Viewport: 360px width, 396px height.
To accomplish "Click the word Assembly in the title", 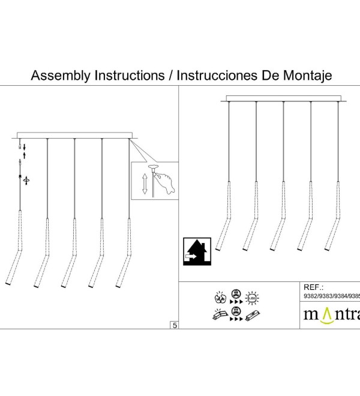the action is pyautogui.click(x=61, y=76).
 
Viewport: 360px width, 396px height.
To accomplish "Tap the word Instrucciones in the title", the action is pyautogui.click(x=217, y=75).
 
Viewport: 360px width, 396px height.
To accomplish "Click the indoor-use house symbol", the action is pyautogui.click(x=197, y=251).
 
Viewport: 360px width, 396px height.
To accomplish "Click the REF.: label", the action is pyautogui.click(x=313, y=287).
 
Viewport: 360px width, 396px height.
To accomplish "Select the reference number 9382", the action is pyautogui.click(x=310, y=296).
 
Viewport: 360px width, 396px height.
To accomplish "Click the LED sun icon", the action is pyautogui.click(x=252, y=298).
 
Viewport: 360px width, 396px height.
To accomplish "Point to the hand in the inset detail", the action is pyautogui.click(x=165, y=181).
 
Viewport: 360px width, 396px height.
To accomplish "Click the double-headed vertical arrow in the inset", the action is pyautogui.click(x=145, y=184).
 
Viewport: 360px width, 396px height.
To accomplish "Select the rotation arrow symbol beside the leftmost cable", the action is pyautogui.click(x=26, y=181).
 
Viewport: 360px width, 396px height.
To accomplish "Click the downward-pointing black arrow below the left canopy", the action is pyautogui.click(x=24, y=147).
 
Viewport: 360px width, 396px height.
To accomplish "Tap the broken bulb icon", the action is pyautogui.click(x=220, y=298).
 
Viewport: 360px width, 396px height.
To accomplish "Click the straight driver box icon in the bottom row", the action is pyautogui.click(x=253, y=315).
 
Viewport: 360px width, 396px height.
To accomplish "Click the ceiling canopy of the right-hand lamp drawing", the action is pyautogui.click(x=283, y=98).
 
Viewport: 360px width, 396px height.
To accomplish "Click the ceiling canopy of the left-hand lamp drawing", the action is pyautogui.click(x=74, y=136).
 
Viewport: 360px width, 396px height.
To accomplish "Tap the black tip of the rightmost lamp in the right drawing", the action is pyautogui.click(x=327, y=250).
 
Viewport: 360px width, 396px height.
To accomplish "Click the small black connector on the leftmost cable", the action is pyautogui.click(x=20, y=176).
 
